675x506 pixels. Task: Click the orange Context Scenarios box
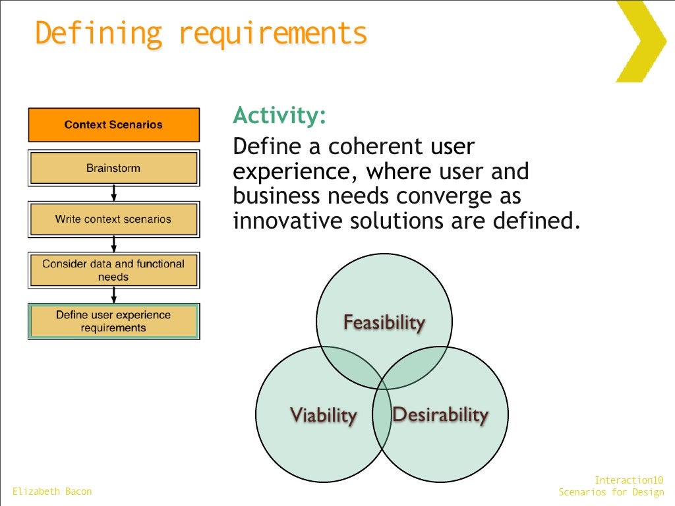[x=113, y=125]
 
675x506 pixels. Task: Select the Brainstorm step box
[x=113, y=168]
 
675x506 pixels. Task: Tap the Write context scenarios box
[x=113, y=219]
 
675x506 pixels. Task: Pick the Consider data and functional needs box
[x=113, y=270]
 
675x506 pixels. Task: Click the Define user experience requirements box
[x=113, y=322]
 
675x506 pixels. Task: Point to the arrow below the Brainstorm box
[x=114, y=193]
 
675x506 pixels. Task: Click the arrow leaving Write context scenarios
[x=114, y=244]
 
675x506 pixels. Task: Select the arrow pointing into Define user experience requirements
[x=114, y=295]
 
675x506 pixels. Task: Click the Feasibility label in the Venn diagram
[x=384, y=322]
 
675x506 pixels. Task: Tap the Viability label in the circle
[x=323, y=415]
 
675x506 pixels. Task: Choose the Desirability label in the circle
[x=440, y=414]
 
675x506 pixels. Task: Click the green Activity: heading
[x=279, y=115]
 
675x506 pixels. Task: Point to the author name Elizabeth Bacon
[x=52, y=492]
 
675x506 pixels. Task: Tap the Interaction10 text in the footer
[x=629, y=480]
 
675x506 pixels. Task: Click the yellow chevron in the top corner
[x=643, y=41]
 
